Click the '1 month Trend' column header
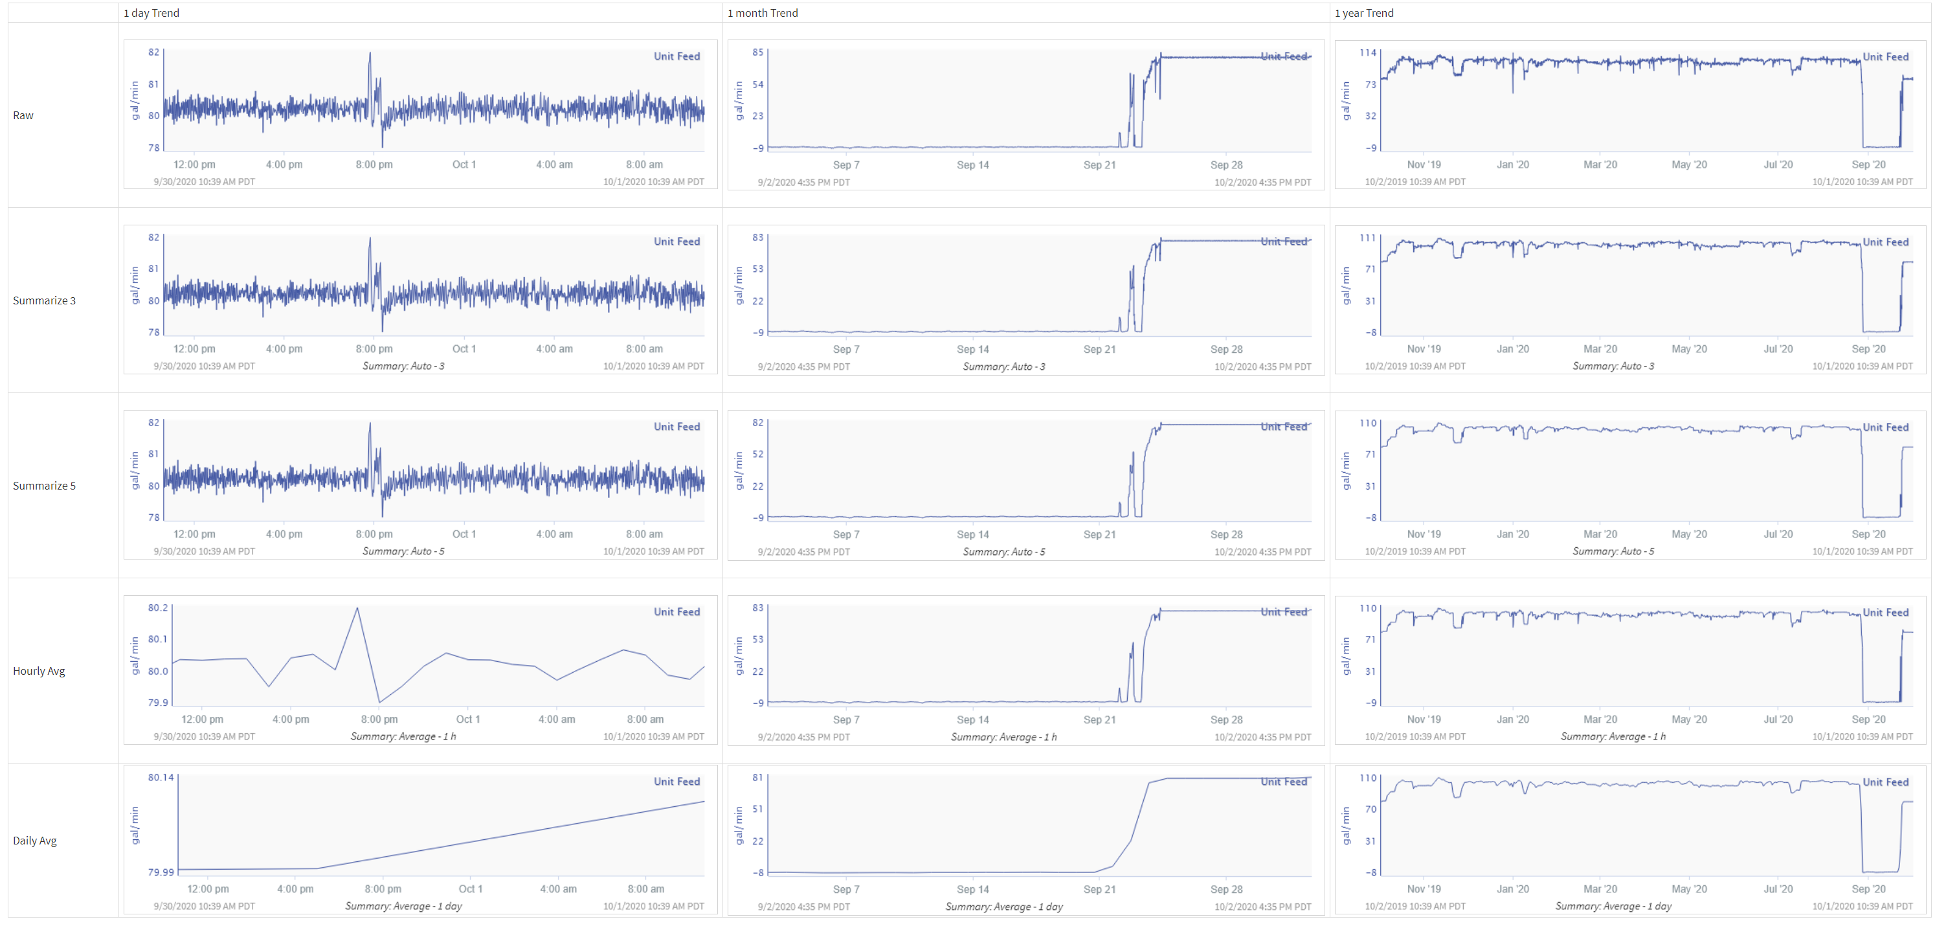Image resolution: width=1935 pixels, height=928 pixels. point(763,13)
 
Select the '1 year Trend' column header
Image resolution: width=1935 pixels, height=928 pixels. point(1363,13)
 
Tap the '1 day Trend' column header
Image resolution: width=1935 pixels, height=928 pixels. point(151,13)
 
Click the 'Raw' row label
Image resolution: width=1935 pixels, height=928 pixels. point(23,115)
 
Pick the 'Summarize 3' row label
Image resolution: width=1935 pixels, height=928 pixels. point(44,300)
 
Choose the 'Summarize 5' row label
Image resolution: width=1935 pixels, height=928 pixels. point(44,486)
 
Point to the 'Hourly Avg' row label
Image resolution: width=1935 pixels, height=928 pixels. point(39,671)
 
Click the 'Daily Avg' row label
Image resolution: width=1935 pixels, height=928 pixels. point(34,840)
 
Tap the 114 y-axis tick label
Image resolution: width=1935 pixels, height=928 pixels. point(1368,52)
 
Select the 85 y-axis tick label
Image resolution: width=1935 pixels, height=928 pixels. point(758,52)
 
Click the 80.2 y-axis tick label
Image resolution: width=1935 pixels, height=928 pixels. point(158,607)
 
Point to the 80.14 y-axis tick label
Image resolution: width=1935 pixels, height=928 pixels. point(161,777)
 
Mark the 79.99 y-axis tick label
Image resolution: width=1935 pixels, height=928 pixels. point(161,872)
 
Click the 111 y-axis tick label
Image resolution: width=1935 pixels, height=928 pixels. point(1368,238)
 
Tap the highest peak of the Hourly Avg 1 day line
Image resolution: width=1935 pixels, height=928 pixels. point(357,608)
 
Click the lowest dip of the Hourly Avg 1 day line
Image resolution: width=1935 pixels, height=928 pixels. point(379,703)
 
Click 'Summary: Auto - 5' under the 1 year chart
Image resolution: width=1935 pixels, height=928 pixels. point(1613,552)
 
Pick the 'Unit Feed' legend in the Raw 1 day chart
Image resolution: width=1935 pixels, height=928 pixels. point(676,56)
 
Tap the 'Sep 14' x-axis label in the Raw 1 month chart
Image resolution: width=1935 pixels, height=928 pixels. point(973,164)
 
